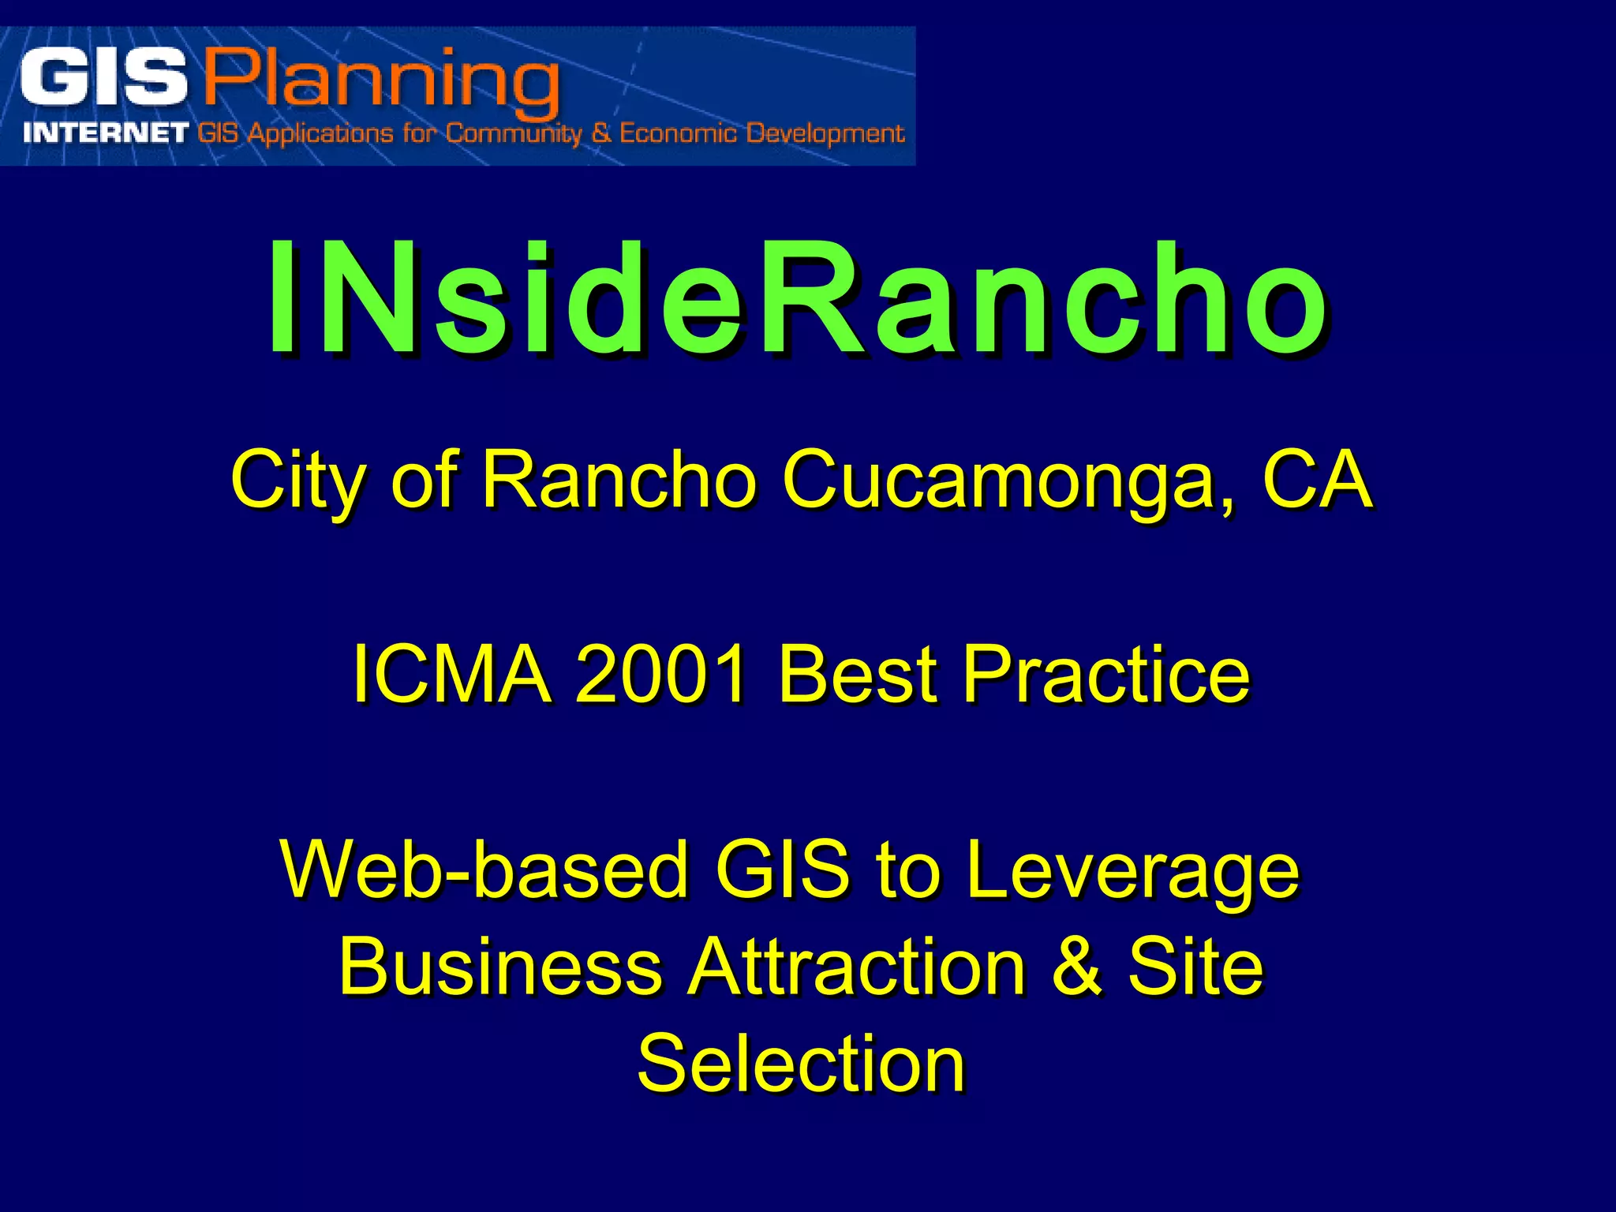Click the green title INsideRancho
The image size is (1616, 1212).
[797, 300]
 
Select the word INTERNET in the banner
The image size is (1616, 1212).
[106, 133]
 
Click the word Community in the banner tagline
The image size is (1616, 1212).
[514, 133]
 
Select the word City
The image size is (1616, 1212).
[297, 480]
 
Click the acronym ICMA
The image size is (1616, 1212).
[451, 674]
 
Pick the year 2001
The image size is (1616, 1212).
[661, 674]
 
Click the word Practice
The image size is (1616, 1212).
[1106, 674]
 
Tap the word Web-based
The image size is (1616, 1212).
[484, 870]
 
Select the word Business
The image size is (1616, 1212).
[500, 967]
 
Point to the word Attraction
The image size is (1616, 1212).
[856, 967]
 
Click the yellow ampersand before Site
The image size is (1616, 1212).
[1076, 967]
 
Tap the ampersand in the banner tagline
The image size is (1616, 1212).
[601, 133]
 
